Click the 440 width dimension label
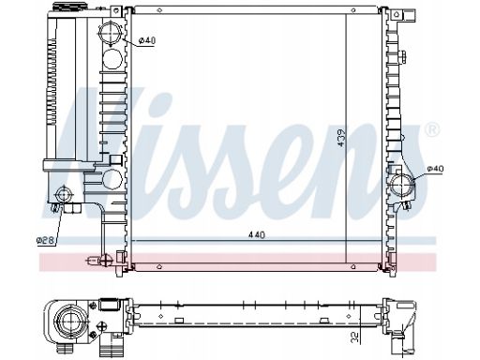tap(256, 234)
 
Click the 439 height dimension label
tap(341, 138)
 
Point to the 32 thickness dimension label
tap(355, 337)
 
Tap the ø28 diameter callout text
tap(46, 240)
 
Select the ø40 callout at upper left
tap(146, 40)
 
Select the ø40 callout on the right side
tap(435, 169)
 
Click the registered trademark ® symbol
tap(432, 128)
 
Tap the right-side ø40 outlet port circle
tap(402, 186)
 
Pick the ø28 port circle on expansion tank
tap(64, 195)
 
